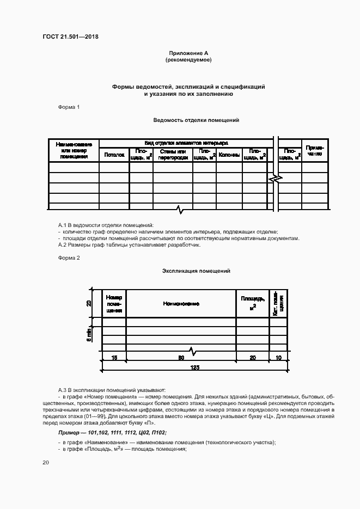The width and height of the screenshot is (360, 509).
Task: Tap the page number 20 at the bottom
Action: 46,463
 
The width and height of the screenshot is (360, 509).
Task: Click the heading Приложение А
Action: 188,53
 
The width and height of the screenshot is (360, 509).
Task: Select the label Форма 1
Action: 69,107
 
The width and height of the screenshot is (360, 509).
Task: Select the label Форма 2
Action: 69,257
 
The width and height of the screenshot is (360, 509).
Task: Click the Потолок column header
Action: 114,155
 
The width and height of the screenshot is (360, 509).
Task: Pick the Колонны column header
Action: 229,155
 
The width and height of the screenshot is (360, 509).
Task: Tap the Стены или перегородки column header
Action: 173,155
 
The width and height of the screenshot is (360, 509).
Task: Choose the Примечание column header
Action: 314,151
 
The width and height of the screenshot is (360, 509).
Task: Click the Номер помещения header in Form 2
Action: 114,304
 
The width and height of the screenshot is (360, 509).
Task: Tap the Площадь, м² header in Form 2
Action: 253,304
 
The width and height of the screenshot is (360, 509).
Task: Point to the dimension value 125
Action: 195,367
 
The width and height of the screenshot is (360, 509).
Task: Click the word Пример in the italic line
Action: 70,432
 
